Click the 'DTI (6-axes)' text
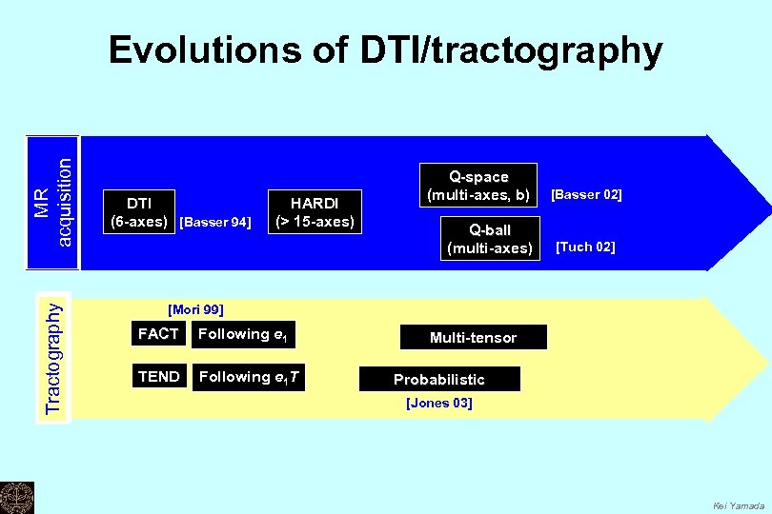click(139, 212)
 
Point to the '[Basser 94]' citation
click(214, 223)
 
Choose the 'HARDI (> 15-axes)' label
click(315, 212)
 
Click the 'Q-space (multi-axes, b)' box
click(478, 186)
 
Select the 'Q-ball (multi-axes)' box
click(490, 239)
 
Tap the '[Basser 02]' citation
click(586, 194)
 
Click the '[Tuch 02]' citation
click(585, 247)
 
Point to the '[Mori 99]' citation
click(194, 309)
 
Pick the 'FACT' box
click(158, 334)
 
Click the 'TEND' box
click(158, 377)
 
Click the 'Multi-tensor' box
click(473, 338)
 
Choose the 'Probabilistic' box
click(439, 379)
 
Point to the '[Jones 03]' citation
click(438, 404)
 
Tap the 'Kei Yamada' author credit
click(739, 505)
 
